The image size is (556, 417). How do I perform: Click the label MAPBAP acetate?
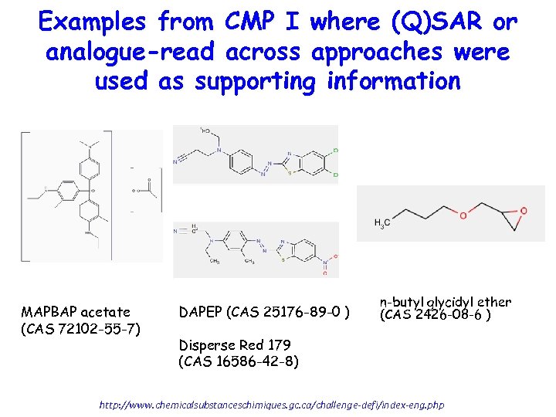tap(76, 312)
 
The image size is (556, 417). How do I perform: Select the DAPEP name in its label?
tap(200, 312)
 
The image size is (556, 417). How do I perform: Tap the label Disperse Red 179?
tap(232, 344)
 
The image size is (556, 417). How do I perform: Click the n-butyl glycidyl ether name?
tap(445, 302)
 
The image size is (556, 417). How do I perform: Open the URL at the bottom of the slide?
tap(273, 404)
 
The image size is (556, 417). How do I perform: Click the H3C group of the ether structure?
tap(381, 224)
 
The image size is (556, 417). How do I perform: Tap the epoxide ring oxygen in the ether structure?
tap(523, 209)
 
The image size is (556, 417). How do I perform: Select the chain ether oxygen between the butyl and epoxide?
tap(463, 215)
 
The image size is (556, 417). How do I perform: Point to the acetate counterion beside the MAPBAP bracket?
tap(144, 186)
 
